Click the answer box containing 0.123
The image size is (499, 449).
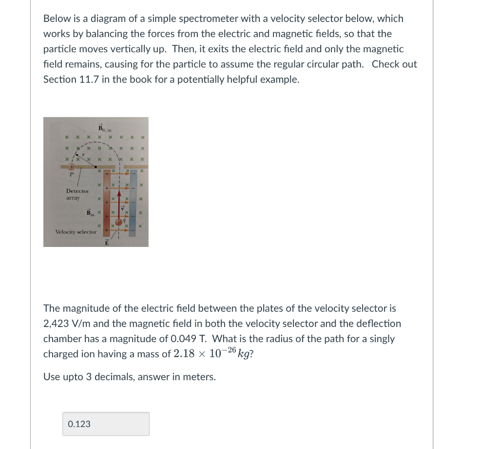point(106,424)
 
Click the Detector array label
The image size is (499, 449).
point(77,195)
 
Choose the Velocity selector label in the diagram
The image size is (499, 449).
point(76,232)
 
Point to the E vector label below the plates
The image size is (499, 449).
point(106,243)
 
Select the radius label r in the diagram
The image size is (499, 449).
point(83,154)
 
